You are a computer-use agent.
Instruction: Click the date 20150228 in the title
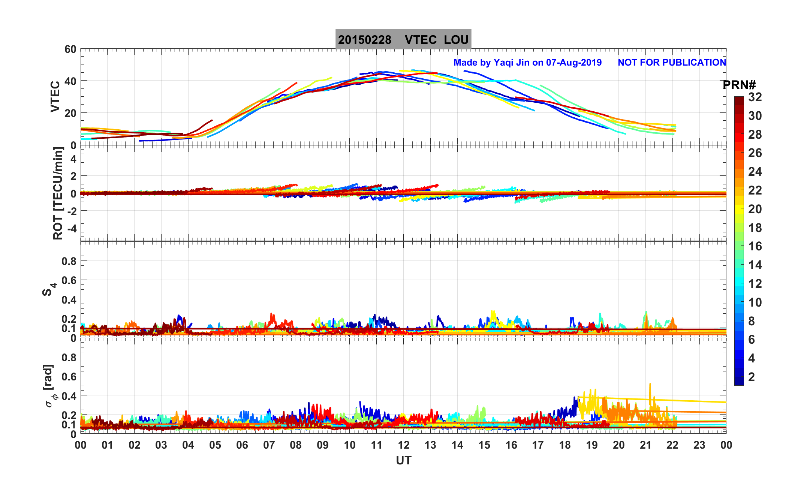coord(364,40)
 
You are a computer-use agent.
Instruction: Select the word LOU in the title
coord(456,40)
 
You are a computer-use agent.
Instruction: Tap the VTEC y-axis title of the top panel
coord(55,96)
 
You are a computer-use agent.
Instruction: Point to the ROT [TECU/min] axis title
coord(58,193)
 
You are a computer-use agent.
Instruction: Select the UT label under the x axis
coord(404,460)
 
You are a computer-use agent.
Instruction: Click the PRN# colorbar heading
coord(739,85)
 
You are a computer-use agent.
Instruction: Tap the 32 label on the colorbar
coord(755,97)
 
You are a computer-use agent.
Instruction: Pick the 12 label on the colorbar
coord(755,284)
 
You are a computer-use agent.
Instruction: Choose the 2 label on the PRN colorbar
coord(751,377)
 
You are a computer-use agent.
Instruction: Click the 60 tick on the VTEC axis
coord(70,49)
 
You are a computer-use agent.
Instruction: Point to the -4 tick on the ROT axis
coord(72,228)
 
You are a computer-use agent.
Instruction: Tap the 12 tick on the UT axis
coord(403,445)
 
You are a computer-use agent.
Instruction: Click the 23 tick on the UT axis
coord(699,445)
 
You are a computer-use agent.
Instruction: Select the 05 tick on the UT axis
coord(215,445)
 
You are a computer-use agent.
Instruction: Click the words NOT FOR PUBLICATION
coord(672,62)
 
